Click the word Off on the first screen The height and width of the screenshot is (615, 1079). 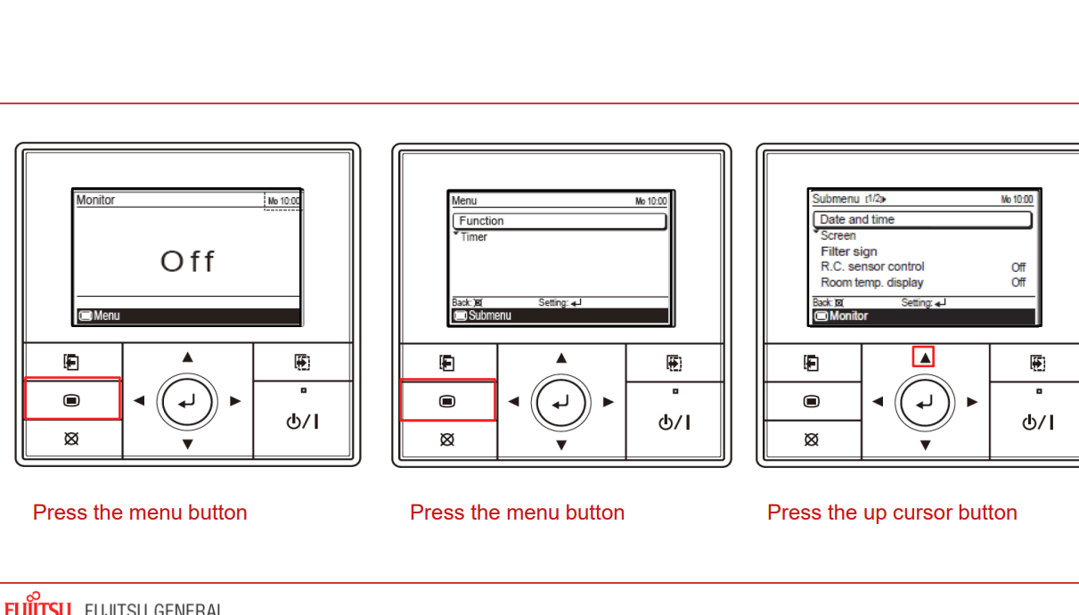pos(187,261)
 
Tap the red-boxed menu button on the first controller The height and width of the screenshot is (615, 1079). pos(72,400)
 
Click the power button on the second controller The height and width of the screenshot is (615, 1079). pos(675,422)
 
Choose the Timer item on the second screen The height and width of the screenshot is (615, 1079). pos(474,237)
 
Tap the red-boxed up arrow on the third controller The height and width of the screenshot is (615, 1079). pos(925,357)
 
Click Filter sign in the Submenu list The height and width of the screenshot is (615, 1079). pos(849,251)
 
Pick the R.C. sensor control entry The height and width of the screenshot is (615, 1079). pos(872,266)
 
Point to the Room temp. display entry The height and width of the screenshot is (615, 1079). pos(871,283)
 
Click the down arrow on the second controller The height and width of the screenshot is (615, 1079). pos(561,445)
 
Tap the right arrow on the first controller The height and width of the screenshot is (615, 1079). pos(235,401)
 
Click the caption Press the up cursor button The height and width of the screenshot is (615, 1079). pos(892,512)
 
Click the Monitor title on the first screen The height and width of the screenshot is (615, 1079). pos(95,200)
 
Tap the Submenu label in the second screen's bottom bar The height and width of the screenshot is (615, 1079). pos(489,316)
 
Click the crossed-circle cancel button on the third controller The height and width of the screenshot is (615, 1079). pos(811,439)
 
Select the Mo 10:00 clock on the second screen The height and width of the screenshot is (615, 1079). pos(650,201)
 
